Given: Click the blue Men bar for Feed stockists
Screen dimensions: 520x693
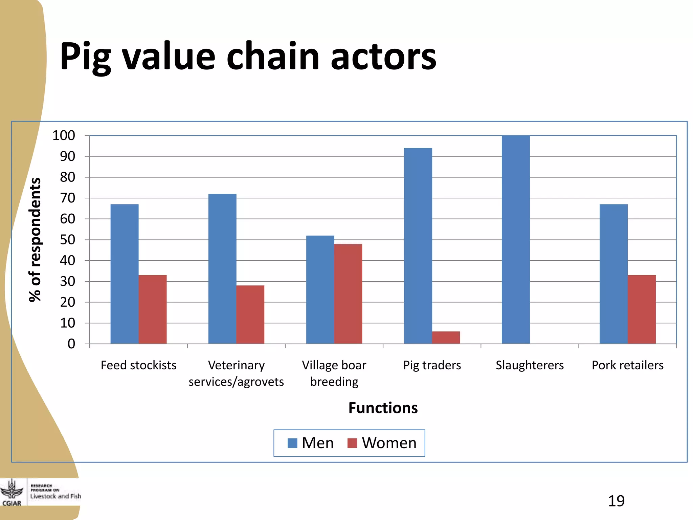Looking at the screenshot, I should [125, 274].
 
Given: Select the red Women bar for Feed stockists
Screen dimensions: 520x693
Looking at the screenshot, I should [153, 309].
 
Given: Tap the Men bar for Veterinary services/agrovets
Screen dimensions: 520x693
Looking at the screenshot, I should [222, 269].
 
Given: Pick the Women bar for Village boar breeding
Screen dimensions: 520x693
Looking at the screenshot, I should [348, 294].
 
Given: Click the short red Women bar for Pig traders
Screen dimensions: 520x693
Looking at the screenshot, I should [446, 338].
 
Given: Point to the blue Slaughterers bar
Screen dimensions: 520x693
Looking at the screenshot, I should [516, 239].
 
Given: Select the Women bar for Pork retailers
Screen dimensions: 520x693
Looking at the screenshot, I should [642, 309].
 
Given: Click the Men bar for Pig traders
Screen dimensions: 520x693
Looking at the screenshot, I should [418, 246].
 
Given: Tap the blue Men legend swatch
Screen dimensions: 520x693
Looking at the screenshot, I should [292, 443].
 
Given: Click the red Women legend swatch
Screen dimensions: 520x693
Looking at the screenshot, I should [352, 443].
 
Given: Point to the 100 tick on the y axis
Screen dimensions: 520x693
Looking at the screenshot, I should [64, 135].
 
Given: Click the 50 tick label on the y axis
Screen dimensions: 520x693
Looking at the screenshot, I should [67, 240].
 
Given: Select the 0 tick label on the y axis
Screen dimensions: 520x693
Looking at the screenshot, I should [71, 344].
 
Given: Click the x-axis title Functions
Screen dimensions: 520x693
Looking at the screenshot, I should [383, 408].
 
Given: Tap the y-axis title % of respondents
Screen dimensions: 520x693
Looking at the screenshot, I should [35, 239].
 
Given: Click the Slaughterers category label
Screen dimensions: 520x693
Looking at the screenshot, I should [530, 365].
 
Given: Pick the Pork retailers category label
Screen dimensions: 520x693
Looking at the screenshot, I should [627, 365].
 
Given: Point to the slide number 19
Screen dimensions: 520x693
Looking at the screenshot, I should [616, 501].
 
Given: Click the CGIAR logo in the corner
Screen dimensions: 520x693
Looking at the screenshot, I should [12, 493].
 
